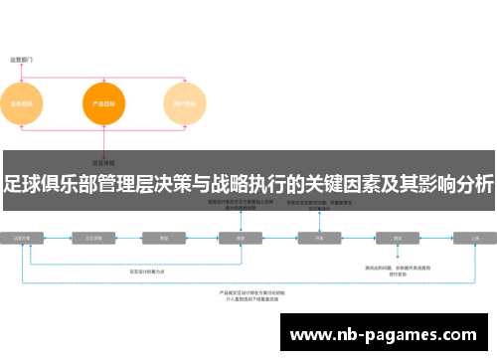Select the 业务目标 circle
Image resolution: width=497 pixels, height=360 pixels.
pyautogui.click(x=21, y=102)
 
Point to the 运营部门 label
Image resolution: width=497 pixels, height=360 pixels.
pyautogui.click(x=21, y=60)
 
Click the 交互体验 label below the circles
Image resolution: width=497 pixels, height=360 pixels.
pyautogui.click(x=103, y=161)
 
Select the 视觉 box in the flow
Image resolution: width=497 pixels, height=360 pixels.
pyautogui.click(x=240, y=239)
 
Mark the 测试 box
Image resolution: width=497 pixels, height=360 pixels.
pyautogui.click(x=397, y=239)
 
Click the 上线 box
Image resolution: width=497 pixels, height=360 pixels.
pyautogui.click(x=474, y=239)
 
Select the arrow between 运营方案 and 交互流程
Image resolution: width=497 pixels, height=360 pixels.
pyautogui.click(x=58, y=239)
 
